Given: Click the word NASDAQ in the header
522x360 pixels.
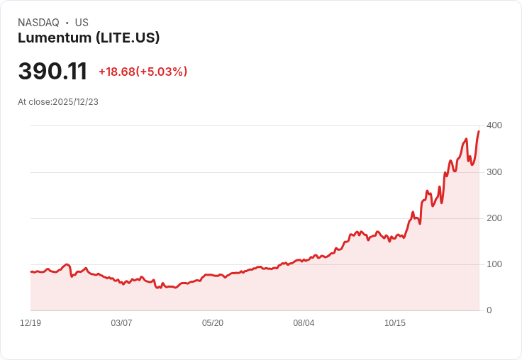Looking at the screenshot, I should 38,23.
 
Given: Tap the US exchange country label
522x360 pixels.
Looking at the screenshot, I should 82,23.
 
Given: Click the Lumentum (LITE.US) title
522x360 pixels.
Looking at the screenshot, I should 89,38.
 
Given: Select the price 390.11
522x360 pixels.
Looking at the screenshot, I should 52,72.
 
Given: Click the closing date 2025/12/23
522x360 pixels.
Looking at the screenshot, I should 76,102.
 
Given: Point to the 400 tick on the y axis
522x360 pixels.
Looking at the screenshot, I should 494,125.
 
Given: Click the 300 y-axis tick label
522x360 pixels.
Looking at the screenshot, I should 494,172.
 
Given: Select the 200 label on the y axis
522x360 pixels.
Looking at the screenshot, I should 494,218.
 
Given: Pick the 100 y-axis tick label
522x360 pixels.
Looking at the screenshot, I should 494,264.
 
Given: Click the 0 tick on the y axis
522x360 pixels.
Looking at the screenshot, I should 489,310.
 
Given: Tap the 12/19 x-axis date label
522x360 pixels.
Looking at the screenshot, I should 30,323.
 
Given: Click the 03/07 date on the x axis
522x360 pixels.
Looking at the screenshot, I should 121,323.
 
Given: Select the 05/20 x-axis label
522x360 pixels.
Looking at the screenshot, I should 213,323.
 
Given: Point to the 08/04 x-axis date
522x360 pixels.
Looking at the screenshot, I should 304,323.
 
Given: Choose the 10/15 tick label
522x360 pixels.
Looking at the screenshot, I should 395,323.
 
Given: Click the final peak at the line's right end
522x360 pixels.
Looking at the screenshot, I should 479,131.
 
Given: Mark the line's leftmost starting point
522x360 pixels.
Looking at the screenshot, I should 30,271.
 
